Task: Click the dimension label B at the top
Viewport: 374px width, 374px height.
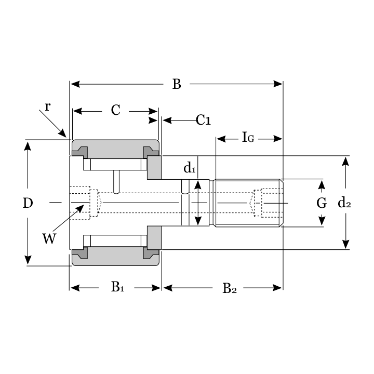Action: pyautogui.click(x=177, y=84)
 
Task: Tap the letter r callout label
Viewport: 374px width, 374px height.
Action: pyautogui.click(x=47, y=106)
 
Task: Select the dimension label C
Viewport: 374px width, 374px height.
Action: pyautogui.click(x=115, y=110)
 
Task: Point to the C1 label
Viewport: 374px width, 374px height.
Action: pyautogui.click(x=203, y=121)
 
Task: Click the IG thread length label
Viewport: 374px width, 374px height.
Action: pyautogui.click(x=248, y=138)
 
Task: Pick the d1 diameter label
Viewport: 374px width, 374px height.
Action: pyautogui.click(x=190, y=168)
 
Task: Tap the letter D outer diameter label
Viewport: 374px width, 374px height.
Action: pyautogui.click(x=28, y=203)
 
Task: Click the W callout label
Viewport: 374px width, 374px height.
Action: pyautogui.click(x=49, y=238)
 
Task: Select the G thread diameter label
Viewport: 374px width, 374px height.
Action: pyautogui.click(x=322, y=203)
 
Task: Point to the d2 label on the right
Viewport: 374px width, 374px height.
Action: pyautogui.click(x=344, y=203)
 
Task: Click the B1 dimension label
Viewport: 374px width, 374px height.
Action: pyautogui.click(x=117, y=287)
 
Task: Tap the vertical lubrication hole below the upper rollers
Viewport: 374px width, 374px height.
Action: pyautogui.click(x=117, y=182)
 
